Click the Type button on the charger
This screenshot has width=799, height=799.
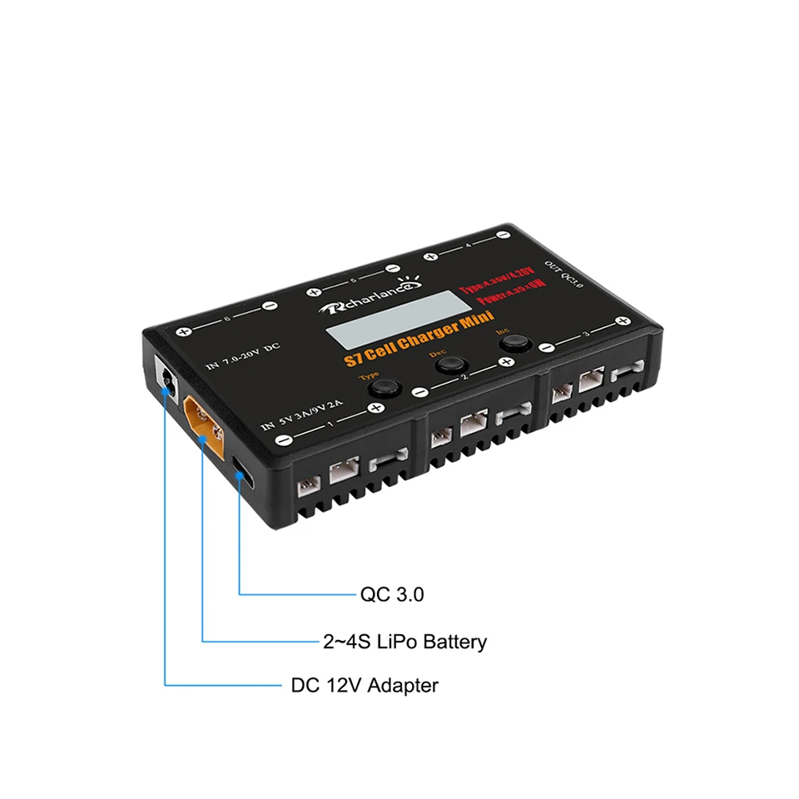point(382,389)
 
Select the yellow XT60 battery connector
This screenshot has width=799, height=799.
point(205,422)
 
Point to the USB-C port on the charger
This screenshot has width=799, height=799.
point(241,469)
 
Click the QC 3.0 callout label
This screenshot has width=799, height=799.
point(392,595)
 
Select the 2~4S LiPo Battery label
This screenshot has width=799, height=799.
point(404,642)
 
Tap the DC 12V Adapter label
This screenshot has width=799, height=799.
point(365,686)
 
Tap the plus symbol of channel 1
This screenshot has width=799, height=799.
point(375,408)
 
